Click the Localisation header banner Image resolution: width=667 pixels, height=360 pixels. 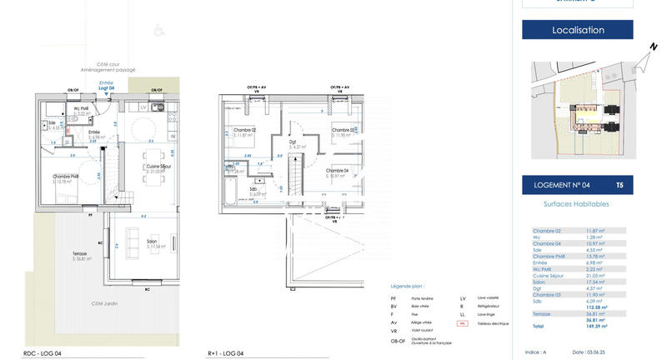pyautogui.click(x=578, y=30)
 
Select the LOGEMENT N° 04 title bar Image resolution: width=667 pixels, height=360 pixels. pyautogui.click(x=578, y=184)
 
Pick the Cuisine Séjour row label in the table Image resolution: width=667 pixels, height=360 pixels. pyautogui.click(x=551, y=276)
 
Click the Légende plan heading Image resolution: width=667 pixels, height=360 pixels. pyautogui.click(x=407, y=285)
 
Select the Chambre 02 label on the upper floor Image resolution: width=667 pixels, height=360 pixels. pyautogui.click(x=244, y=130)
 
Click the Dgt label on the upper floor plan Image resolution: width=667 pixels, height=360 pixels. pyautogui.click(x=293, y=142)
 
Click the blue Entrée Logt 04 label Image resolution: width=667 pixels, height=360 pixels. pyautogui.click(x=106, y=85)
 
